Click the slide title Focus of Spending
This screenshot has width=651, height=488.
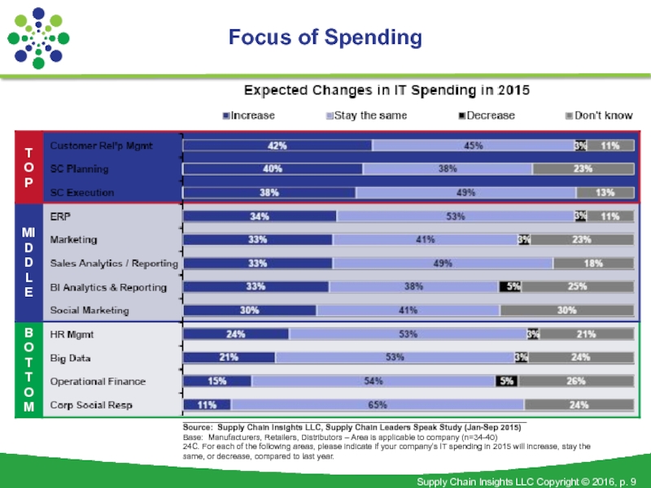point(325,37)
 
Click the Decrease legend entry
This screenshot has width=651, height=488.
point(487,115)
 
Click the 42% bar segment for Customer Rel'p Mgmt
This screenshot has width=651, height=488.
point(277,146)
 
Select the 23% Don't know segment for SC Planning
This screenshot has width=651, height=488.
point(583,169)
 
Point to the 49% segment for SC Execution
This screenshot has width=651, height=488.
point(465,193)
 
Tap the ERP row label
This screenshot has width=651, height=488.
point(59,217)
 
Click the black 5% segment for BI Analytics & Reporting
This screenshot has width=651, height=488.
point(510,287)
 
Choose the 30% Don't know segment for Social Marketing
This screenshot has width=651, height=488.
point(566,310)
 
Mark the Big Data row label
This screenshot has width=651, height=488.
point(70,358)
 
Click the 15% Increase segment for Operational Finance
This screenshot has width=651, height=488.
point(217,381)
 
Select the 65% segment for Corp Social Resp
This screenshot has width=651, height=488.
point(377,404)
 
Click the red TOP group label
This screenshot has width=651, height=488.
point(28,168)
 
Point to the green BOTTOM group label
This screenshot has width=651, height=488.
point(28,369)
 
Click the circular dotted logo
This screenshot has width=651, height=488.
point(38,38)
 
